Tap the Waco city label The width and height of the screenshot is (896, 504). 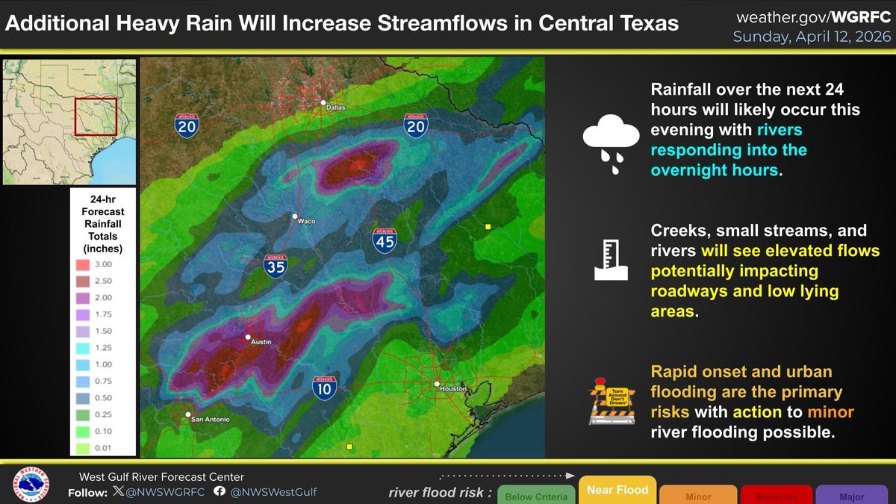[306, 222]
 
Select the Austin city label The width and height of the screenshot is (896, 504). [261, 342]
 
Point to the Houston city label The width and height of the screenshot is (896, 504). [452, 389]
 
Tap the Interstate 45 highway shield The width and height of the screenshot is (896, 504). [385, 239]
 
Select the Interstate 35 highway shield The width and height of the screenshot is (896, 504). [276, 265]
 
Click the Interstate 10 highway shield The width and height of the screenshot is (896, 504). [324, 385]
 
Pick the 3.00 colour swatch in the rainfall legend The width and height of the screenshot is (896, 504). [83, 264]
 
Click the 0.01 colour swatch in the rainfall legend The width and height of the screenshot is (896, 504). [83, 447]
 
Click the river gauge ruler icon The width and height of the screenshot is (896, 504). [609, 260]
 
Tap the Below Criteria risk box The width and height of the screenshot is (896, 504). [537, 496]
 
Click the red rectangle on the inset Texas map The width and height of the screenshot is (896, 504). [96, 117]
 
